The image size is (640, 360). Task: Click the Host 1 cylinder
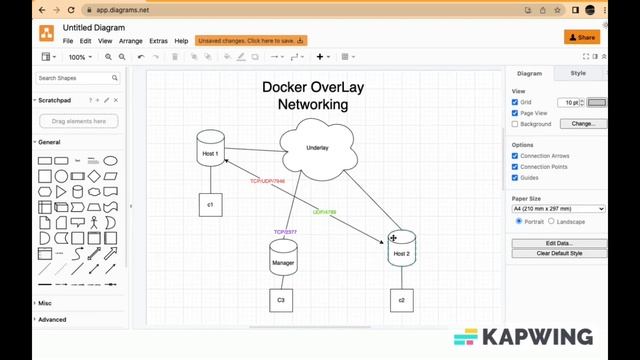point(210,150)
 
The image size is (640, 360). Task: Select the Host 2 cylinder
point(401,251)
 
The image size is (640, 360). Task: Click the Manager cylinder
point(283,261)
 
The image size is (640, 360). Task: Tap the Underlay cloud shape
point(316,148)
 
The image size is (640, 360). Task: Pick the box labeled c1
point(210,204)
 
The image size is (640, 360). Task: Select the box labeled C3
point(281,300)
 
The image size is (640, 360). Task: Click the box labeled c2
point(401,300)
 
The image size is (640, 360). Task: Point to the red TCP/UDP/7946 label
point(267,181)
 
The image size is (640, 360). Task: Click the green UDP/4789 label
point(324,212)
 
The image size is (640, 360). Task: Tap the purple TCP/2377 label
point(285,232)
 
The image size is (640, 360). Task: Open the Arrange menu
point(130,41)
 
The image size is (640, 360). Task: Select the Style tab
point(578,73)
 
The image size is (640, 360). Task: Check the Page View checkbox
point(515,113)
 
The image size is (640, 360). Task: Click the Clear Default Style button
point(558,253)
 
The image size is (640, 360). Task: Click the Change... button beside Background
point(583,124)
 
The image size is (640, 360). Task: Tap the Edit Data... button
point(558,243)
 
